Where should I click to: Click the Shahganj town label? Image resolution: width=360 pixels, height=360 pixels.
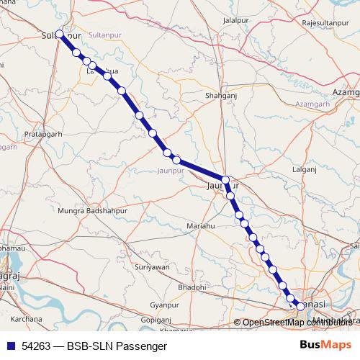[x=220, y=94]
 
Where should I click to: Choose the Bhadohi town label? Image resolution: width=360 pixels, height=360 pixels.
[x=192, y=287]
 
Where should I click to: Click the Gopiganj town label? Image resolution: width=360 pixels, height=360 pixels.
[x=156, y=319]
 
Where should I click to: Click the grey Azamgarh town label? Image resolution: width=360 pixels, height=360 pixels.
[x=346, y=94]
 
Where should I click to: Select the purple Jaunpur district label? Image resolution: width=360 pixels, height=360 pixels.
[x=171, y=171]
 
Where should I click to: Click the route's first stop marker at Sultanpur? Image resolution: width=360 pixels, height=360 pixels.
[x=60, y=34]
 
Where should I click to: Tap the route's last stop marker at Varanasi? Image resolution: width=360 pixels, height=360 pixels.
[x=300, y=306]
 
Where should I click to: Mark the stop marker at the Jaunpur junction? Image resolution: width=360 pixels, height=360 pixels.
[x=225, y=180]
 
